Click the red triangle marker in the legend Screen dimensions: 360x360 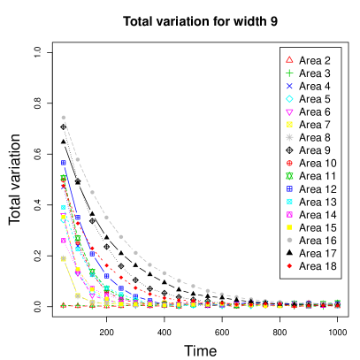pyautogui.click(x=289, y=59)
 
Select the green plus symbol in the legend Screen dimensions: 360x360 pyautogui.click(x=289, y=73)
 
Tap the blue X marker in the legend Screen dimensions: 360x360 pyautogui.click(x=289, y=86)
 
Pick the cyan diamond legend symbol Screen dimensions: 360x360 pyautogui.click(x=289, y=98)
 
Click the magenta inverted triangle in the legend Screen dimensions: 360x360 pyautogui.click(x=289, y=111)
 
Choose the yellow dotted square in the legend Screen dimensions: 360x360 pyautogui.click(x=289, y=125)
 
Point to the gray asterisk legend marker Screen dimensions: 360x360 pyautogui.click(x=289, y=137)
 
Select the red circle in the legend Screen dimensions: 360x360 pyautogui.click(x=289, y=163)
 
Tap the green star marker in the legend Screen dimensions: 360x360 pyautogui.click(x=289, y=176)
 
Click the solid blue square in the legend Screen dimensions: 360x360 pyautogui.click(x=289, y=188)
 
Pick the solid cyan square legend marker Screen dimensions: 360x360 pyautogui.click(x=289, y=202)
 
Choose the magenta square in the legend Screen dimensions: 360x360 pyautogui.click(x=289, y=215)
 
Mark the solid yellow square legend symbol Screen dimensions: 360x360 pyautogui.click(x=289, y=227)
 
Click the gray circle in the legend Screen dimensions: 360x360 pyautogui.click(x=289, y=240)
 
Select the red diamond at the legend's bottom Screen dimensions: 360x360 pyautogui.click(x=289, y=265)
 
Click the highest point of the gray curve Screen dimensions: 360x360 pyautogui.click(x=63, y=117)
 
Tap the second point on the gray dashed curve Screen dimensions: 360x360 pyautogui.click(x=78, y=159)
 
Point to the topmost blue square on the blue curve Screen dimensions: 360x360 pyautogui.click(x=64, y=163)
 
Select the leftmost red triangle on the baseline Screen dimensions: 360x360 pyautogui.click(x=63, y=305)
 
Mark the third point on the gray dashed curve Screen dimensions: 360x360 pyautogui.click(x=92, y=192)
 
